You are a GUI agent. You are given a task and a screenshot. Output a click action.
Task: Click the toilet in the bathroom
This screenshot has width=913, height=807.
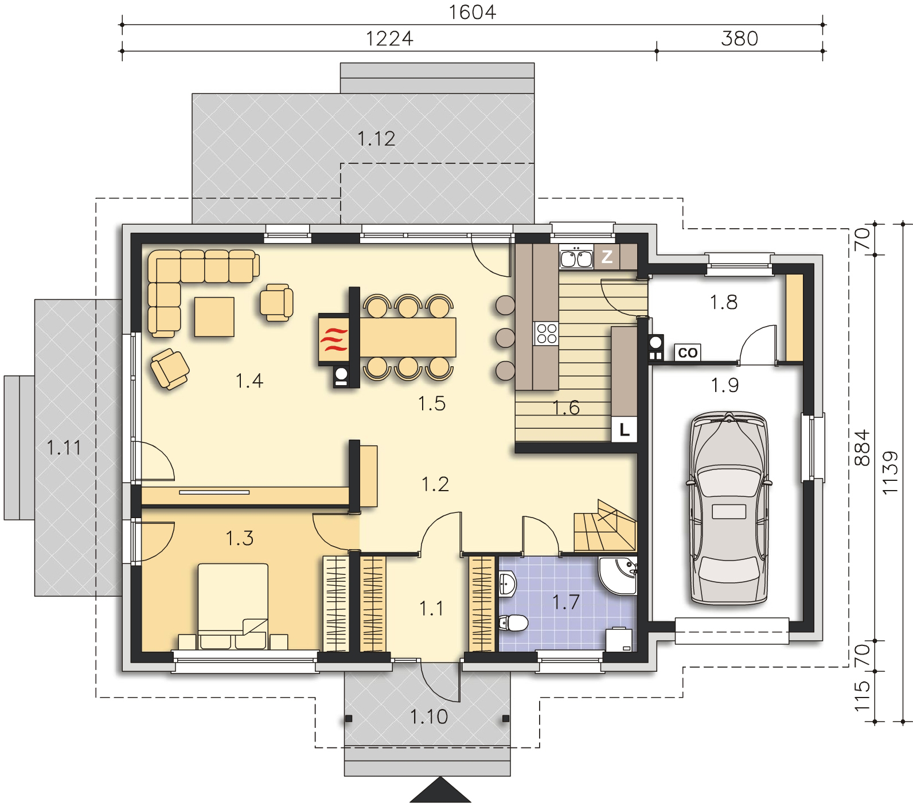[513, 622]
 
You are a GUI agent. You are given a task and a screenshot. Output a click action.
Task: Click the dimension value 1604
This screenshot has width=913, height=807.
[471, 12]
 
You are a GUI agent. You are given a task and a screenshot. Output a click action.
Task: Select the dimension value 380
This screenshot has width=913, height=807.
[739, 38]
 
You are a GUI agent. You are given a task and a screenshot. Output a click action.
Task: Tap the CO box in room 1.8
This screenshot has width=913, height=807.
[688, 352]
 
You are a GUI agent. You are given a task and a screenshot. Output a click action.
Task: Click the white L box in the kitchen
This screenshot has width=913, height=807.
[625, 429]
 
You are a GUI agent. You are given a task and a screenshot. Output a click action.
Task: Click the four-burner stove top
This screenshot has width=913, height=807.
[546, 334]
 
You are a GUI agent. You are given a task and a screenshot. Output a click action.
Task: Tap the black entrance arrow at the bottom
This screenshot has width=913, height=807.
[440, 791]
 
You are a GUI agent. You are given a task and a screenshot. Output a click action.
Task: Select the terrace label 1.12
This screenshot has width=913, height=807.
[376, 139]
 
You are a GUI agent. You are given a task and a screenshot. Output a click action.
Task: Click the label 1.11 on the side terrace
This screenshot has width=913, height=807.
[64, 447]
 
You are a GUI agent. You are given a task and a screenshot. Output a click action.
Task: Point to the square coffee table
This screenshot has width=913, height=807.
[214, 316]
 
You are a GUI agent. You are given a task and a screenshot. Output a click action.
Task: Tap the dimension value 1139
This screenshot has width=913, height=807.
[889, 473]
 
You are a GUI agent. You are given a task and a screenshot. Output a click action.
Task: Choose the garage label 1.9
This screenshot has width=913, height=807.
[725, 386]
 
